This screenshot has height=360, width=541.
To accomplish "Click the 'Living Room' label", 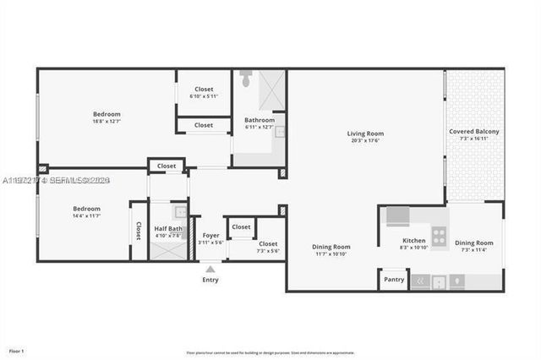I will click(x=365, y=134).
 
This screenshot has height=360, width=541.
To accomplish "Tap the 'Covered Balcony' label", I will click(x=474, y=132).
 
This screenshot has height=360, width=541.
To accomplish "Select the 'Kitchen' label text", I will click(x=413, y=241).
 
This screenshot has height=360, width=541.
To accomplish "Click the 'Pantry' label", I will click(x=394, y=279).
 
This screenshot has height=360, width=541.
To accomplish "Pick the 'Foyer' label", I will click(x=210, y=236).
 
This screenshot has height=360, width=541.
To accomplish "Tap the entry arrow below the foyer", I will click(x=210, y=269).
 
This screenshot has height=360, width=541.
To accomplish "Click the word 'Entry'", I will click(x=210, y=280).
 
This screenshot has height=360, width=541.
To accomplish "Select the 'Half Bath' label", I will click(x=167, y=228).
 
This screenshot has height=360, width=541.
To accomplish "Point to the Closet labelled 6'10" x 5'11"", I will click(x=204, y=96).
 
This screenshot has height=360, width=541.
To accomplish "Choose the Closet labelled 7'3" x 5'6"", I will click(x=268, y=251).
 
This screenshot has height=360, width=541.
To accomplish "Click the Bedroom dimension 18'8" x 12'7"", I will click(x=107, y=122).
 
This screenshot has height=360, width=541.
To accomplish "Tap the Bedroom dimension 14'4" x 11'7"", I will click(x=86, y=216).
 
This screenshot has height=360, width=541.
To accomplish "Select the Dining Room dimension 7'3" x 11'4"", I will click(x=474, y=250).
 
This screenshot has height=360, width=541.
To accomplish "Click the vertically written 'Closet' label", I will click(x=139, y=231).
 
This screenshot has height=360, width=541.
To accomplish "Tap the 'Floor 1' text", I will click(x=16, y=350).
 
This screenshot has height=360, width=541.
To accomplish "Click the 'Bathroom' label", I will click(x=260, y=120).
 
